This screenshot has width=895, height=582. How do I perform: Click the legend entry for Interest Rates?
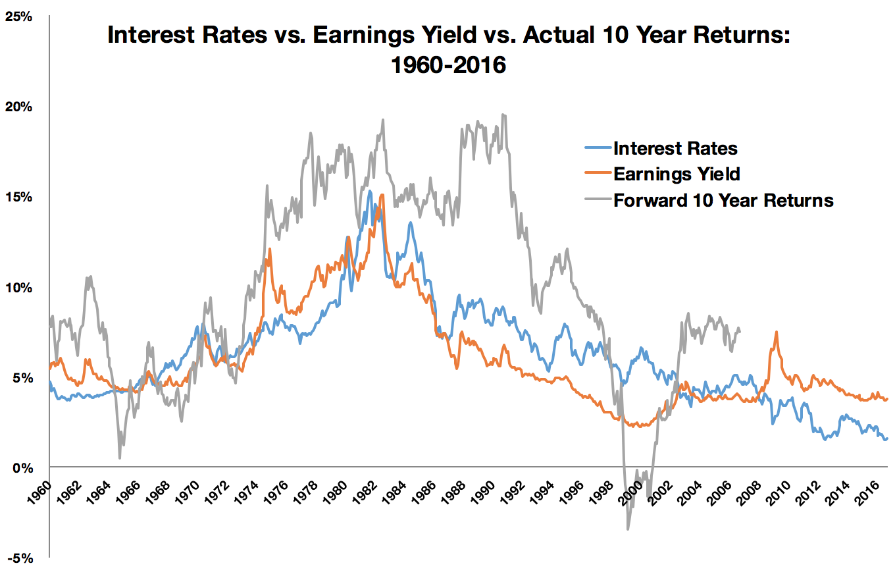click(x=675, y=148)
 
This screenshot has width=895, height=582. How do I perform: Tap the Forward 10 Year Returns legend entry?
click(x=723, y=199)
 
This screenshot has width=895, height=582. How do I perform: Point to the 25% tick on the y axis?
click(x=19, y=16)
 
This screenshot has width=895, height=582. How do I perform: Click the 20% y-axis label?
click(x=19, y=107)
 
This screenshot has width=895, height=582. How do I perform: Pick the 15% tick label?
click(x=19, y=197)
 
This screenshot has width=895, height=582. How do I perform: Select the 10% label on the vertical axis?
click(x=19, y=288)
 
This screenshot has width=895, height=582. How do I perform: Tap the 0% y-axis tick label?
click(x=22, y=468)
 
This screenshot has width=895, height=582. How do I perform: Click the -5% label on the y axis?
click(x=20, y=558)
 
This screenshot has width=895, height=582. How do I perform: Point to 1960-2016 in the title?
click(x=447, y=66)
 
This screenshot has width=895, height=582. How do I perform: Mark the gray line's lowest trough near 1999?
click(x=628, y=529)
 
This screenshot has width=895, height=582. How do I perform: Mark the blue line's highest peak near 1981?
click(x=370, y=192)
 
